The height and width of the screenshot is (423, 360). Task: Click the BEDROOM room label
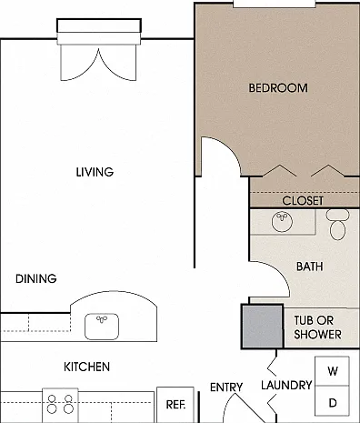coord(278,88)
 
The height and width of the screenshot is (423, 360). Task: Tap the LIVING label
coord(95,172)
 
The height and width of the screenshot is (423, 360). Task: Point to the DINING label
coord(36,278)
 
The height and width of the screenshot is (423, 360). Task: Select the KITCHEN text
coord(86,367)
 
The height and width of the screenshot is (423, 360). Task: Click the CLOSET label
coord(303,201)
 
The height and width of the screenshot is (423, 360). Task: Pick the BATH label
coord(309,267)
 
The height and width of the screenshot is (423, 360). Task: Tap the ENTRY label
coord(226,388)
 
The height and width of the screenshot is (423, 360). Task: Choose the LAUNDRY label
coord(286,385)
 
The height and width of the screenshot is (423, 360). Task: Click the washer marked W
coord(333,371)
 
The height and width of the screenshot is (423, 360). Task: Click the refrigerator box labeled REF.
coord(175,405)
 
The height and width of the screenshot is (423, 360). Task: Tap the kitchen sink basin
coord(102,327)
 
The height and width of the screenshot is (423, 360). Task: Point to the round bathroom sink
coord(282,222)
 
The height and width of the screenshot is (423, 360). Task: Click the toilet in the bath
coord(337,225)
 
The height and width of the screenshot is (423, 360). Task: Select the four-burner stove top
coord(60,405)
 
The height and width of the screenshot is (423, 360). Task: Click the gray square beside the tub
coord(263,327)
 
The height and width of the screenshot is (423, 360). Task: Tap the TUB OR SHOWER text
coord(317,327)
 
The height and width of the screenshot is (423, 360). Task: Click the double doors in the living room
coord(98,64)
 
